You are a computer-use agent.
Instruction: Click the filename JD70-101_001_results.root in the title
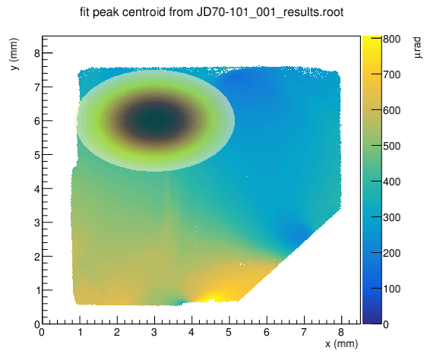click(x=270, y=13)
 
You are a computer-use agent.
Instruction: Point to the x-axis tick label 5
click(x=229, y=332)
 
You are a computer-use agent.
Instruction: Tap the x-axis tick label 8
click(x=341, y=332)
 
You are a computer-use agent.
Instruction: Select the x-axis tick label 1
click(x=80, y=332)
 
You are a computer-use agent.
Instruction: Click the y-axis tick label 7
click(x=36, y=87)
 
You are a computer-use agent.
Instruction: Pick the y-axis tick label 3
click(x=36, y=223)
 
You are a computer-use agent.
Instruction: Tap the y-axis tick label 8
click(x=36, y=53)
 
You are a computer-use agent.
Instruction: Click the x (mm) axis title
click(x=341, y=344)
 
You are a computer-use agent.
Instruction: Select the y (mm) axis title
click(x=14, y=54)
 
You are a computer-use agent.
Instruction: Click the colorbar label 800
click(x=392, y=39)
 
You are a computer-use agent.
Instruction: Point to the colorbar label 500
click(x=392, y=146)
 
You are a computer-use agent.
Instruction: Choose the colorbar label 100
click(x=392, y=289)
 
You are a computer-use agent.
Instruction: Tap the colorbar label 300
click(x=392, y=217)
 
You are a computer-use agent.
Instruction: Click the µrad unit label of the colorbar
click(x=417, y=48)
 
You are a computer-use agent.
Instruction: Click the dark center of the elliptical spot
click(x=155, y=121)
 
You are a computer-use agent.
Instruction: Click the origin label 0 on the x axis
click(x=42, y=332)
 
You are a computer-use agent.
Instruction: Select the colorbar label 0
click(x=386, y=324)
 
